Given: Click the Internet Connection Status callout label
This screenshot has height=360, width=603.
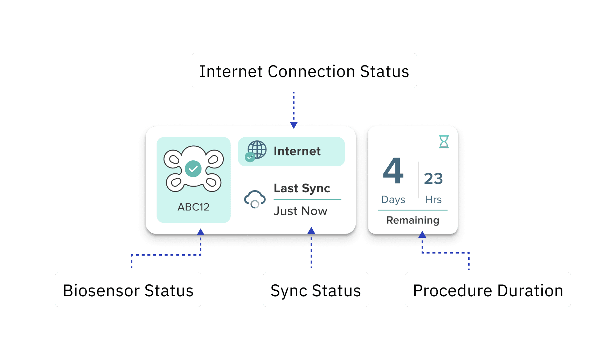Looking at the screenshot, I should click(x=304, y=71).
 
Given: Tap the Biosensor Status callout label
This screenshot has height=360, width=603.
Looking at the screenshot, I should click(x=128, y=290).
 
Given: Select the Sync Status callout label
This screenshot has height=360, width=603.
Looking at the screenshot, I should click(x=316, y=290).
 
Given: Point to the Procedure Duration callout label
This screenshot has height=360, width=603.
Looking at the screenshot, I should click(x=488, y=290).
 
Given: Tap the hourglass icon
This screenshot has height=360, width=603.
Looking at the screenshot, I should click(x=444, y=141).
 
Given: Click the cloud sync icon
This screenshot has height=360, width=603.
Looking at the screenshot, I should click(x=255, y=199).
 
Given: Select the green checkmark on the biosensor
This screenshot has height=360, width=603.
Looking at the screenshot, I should click(x=193, y=169).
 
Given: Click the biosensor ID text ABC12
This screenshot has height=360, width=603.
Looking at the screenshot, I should click(x=193, y=207).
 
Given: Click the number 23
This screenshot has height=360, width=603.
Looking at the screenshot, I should click(x=433, y=179).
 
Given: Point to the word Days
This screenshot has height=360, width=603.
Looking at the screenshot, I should click(x=393, y=200).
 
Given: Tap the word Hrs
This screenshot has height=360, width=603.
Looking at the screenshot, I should click(x=433, y=200).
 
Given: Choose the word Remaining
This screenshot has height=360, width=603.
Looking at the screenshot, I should click(x=413, y=220).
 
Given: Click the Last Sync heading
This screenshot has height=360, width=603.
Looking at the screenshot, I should click(x=302, y=188).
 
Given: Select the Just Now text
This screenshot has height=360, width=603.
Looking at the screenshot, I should click(x=300, y=211).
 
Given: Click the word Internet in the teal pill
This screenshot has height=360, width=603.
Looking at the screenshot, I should click(x=297, y=151).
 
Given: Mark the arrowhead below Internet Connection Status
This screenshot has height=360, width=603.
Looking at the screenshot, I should click(x=294, y=125).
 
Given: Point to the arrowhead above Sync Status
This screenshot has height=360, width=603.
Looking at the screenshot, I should click(x=311, y=231).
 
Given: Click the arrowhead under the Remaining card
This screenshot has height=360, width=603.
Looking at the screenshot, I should click(x=422, y=235).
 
